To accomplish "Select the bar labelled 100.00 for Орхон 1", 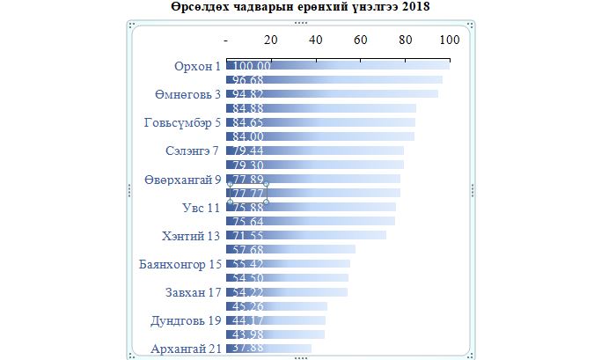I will click(x=352, y=66).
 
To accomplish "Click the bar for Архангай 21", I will click(x=282, y=349).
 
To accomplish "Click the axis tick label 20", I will click(x=271, y=40).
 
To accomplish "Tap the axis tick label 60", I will click(x=361, y=40).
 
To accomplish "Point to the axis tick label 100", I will click(x=450, y=40).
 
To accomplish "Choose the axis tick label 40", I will click(x=316, y=40).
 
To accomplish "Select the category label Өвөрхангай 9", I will click(x=182, y=179).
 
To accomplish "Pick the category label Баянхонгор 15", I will click(x=180, y=264).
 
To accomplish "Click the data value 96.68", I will click(x=248, y=80).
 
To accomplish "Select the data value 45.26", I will click(x=248, y=306).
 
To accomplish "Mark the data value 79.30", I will click(x=248, y=165).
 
